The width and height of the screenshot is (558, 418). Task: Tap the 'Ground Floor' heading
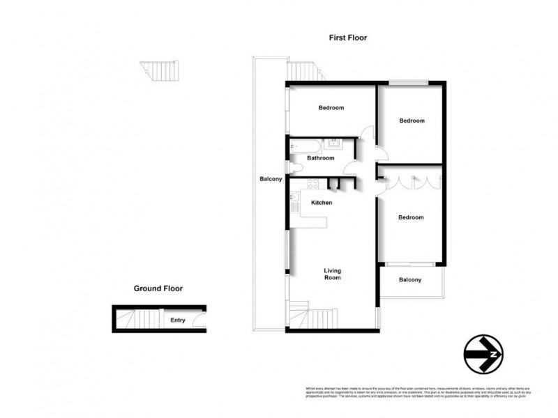pyautogui.click(x=158, y=288)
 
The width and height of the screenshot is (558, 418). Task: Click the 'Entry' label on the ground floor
pyautogui.click(x=178, y=320)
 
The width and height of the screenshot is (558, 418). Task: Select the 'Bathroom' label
pyautogui.click(x=320, y=158)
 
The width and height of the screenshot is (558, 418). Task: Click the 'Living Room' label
pyautogui.click(x=331, y=274)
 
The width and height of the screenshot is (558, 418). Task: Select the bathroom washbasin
pyautogui.click(x=334, y=144)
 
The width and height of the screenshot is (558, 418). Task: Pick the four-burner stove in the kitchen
pyautogui.click(x=313, y=185)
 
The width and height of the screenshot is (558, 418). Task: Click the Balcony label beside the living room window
pyautogui.click(x=410, y=280)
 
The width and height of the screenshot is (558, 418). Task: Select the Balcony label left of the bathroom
pyautogui.click(x=270, y=179)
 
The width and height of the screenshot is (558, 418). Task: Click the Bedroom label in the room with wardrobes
pyautogui.click(x=411, y=217)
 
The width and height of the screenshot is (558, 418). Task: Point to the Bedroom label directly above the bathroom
pyautogui.click(x=331, y=107)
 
